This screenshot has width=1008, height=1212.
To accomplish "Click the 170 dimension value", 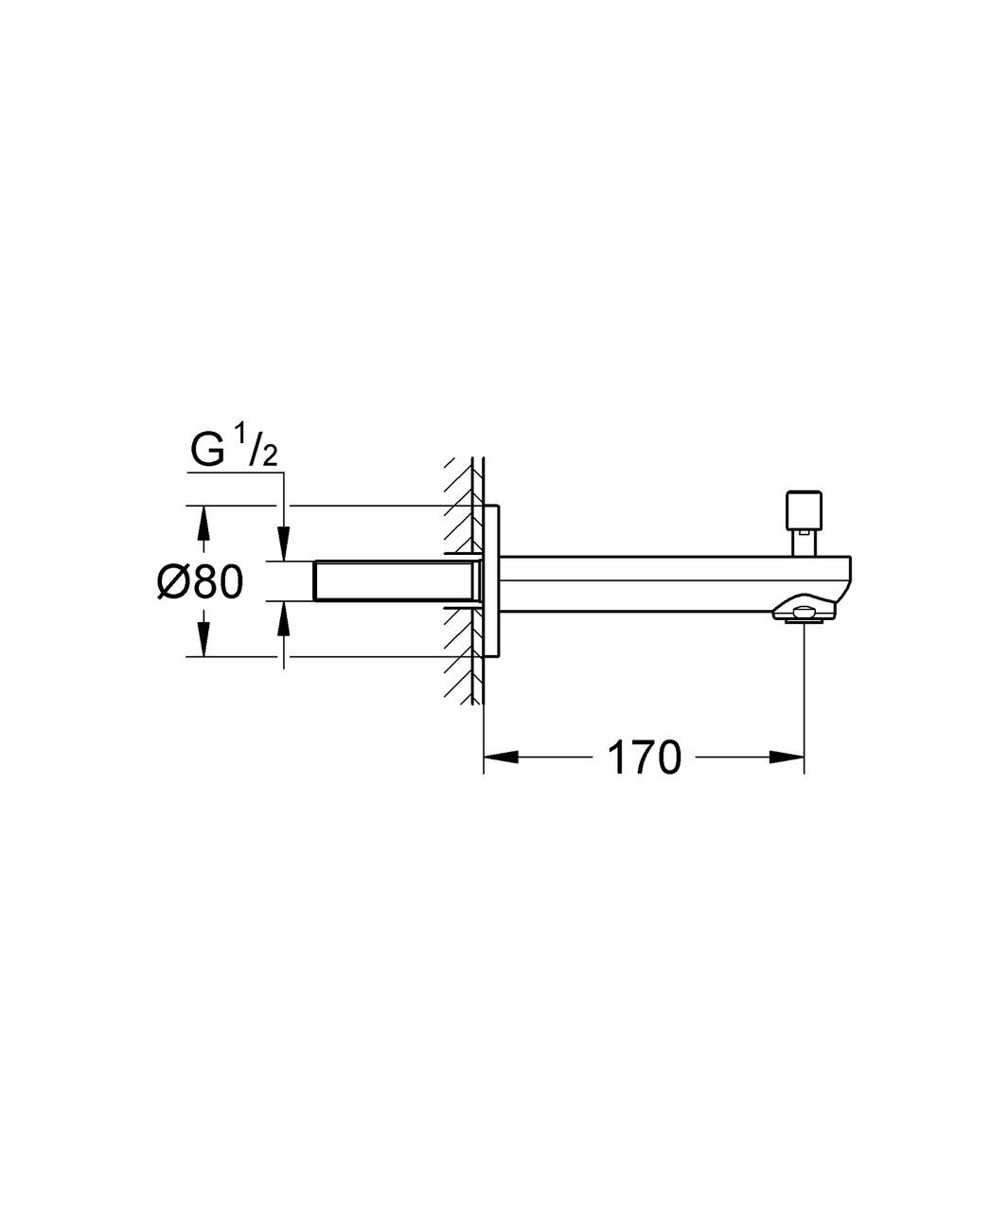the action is coord(644,757).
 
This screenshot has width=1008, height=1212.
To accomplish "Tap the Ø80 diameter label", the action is coord(201,581).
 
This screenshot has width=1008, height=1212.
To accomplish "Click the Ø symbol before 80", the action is coord(172,581).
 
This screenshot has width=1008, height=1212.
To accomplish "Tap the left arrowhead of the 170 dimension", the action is coord(501,757).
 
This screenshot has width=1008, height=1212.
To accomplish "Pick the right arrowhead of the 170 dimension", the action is coord(787,757).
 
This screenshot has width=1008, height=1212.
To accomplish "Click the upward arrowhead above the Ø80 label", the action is coord(203,523).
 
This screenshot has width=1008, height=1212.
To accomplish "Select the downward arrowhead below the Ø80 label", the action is coord(203,639).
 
